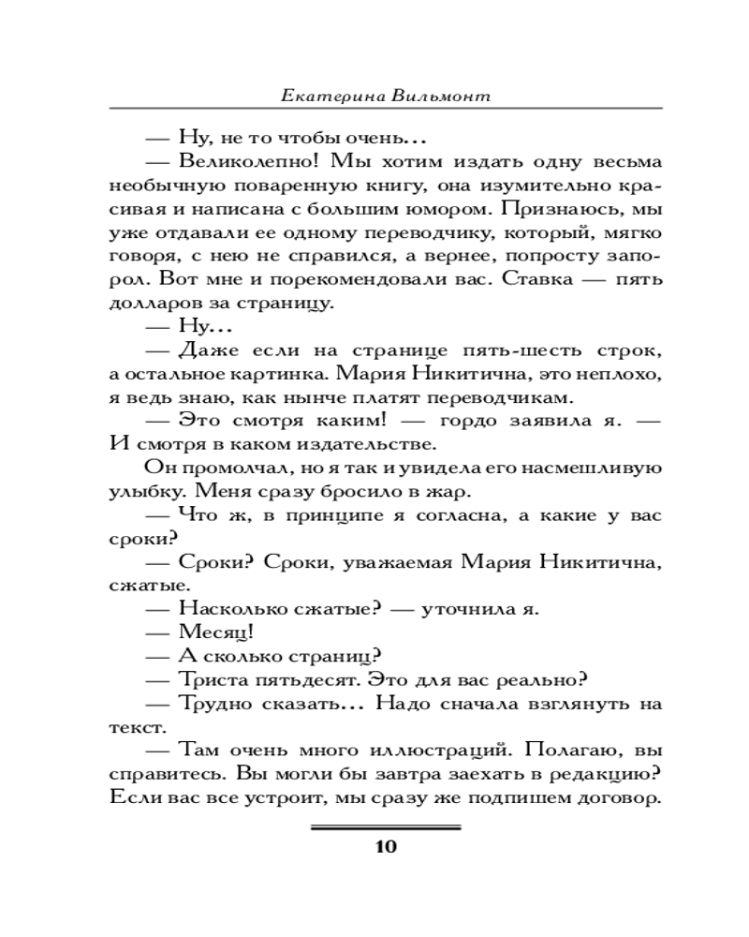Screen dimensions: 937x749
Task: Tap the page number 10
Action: point(386,848)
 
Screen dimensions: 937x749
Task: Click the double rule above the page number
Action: point(386,827)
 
